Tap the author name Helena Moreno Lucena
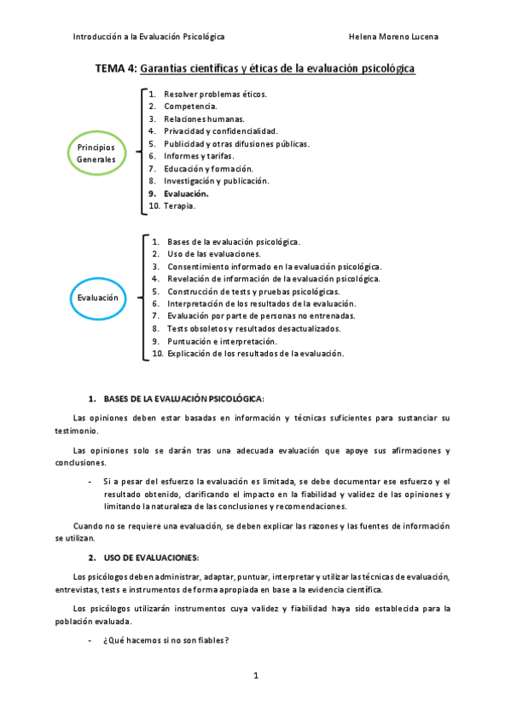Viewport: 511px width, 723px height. click(394, 37)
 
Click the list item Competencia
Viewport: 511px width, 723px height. click(190, 107)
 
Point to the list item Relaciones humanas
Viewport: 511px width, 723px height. click(204, 119)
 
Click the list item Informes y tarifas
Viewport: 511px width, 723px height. click(198, 156)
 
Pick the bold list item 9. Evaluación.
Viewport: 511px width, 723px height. click(186, 194)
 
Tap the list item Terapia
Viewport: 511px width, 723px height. click(179, 205)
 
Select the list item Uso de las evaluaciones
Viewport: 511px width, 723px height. click(214, 254)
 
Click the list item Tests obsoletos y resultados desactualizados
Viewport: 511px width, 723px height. click(253, 328)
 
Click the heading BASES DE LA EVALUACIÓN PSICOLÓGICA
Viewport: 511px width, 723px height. click(183, 398)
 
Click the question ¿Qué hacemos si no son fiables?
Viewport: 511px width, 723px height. click(166, 641)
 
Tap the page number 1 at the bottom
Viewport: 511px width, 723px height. click(255, 676)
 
